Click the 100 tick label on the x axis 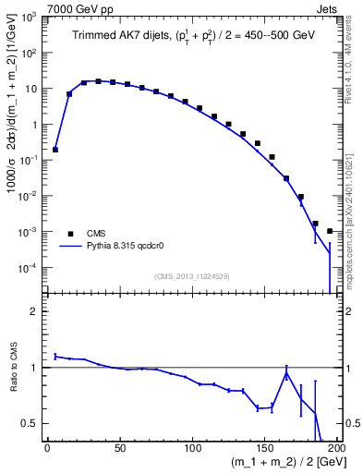pyautogui.click(x=192, y=449)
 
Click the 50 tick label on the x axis pyautogui.click(x=119, y=449)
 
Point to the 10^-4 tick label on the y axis pyautogui.click(x=30, y=268)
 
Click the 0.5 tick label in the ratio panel pyautogui.click(x=32, y=423)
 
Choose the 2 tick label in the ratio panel pyautogui.click(x=37, y=312)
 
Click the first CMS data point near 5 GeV pyautogui.click(x=54, y=149)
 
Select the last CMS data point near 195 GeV pyautogui.click(x=330, y=231)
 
